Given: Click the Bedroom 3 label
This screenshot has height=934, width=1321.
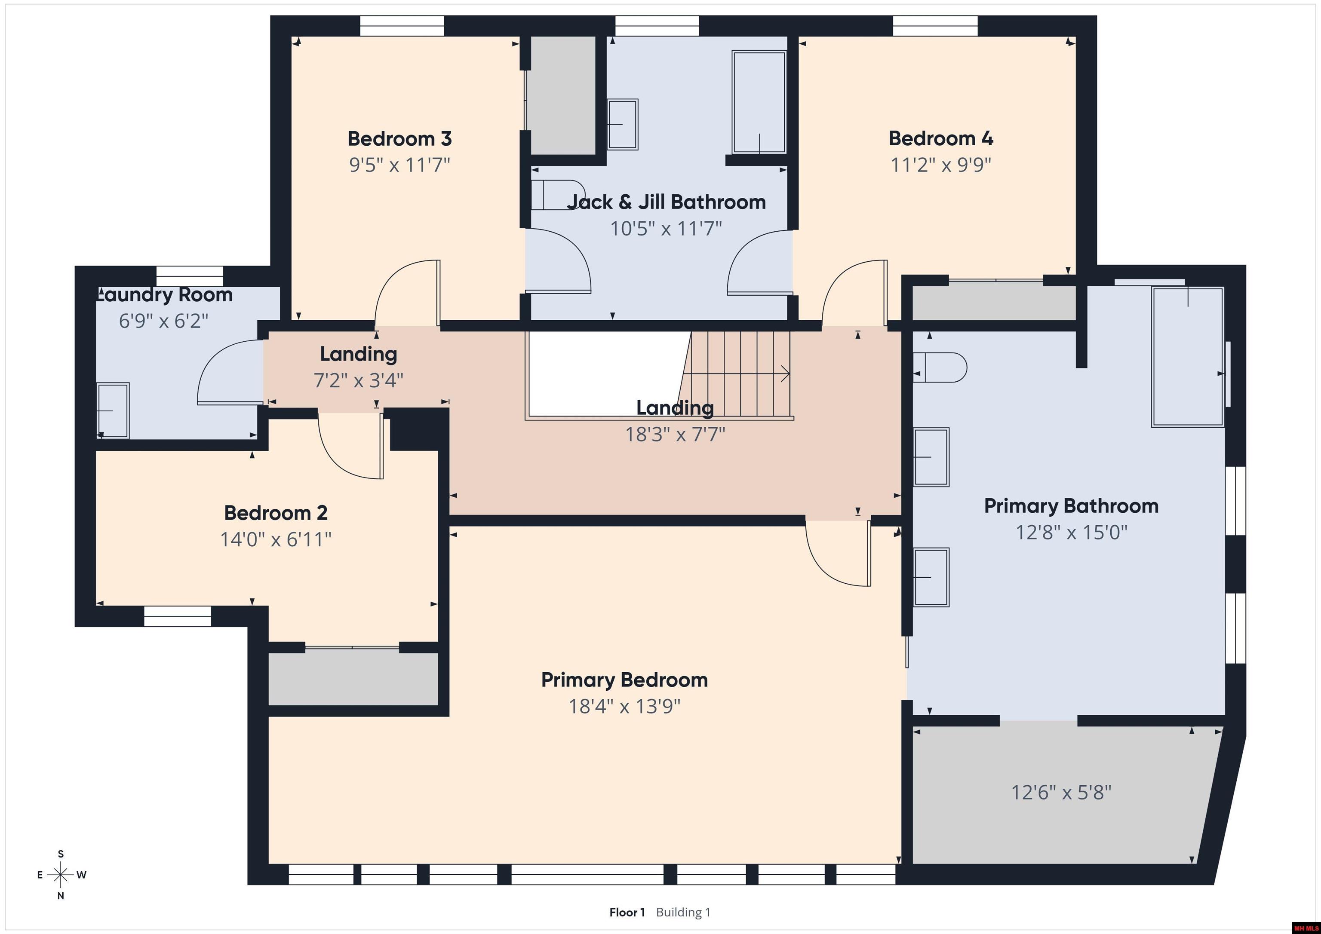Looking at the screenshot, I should tap(399, 138).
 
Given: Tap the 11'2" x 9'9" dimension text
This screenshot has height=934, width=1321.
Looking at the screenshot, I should tap(941, 165).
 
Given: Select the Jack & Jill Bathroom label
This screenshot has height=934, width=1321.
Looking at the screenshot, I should tap(666, 202).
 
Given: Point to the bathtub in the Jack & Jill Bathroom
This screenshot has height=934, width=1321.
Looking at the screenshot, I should tap(759, 102).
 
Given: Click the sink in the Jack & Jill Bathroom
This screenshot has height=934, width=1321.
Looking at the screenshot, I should tap(623, 124).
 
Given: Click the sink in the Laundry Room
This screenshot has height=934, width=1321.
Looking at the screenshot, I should tap(112, 410).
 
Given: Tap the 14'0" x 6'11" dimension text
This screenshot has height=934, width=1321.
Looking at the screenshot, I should tap(276, 539).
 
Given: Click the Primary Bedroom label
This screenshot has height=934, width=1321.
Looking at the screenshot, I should tap(624, 680).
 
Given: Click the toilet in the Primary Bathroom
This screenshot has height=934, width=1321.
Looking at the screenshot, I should tap(939, 367).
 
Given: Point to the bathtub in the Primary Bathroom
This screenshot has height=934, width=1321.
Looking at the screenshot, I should tap(1187, 357).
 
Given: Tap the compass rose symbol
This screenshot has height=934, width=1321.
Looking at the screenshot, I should tap(60, 875).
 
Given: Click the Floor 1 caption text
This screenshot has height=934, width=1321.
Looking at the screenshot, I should tap(627, 912).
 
